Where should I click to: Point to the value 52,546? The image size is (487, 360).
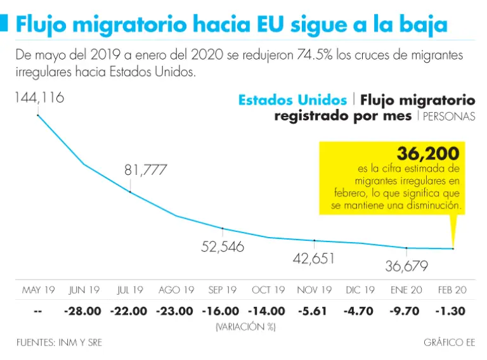tap(223, 247)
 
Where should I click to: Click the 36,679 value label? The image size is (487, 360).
tap(406, 266)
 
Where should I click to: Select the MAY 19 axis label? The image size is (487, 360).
tap(39, 290)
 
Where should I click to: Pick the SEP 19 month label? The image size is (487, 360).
tap(223, 290)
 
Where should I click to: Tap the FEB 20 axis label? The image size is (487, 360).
tap(452, 290)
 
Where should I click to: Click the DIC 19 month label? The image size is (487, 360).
tap(360, 290)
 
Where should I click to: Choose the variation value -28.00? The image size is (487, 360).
tap(82, 311)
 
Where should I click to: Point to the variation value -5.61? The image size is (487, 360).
tap(315, 311)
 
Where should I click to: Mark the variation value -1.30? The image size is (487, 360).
tap(452, 311)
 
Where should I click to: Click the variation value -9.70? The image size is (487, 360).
tap(406, 311)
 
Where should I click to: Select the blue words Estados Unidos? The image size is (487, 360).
tap(292, 100)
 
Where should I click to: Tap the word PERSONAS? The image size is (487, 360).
tap(449, 117)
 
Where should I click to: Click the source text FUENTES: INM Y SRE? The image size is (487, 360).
tap(59, 343)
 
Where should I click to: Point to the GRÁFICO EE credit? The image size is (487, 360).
tap(449, 343)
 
